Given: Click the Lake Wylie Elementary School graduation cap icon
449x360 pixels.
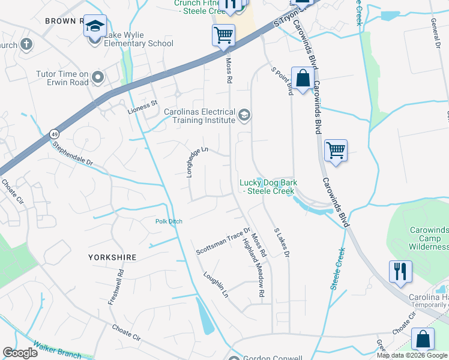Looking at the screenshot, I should tap(94, 26).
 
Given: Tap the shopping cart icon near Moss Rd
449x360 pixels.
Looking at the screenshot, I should tap(223, 35).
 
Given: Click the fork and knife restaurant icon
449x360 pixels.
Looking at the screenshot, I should tap(400, 271).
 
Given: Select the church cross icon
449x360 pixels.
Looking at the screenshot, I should tap(26, 44).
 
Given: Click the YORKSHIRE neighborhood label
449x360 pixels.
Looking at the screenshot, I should tap(112, 257).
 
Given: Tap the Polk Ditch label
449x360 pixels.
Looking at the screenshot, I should tap(169, 221).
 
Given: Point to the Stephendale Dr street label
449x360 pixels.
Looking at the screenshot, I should tap(73, 154).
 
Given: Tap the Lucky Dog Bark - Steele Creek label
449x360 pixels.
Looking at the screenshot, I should tap(267, 187).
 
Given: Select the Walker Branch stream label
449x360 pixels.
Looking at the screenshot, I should tap(57, 349).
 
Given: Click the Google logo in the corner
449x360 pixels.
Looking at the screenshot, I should tap(20, 353).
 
